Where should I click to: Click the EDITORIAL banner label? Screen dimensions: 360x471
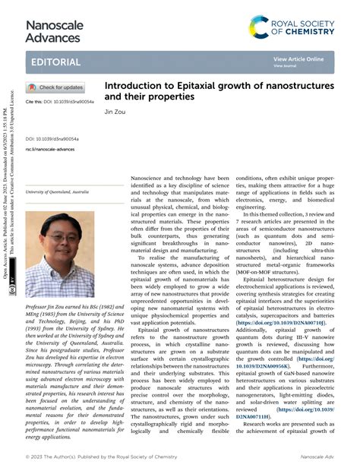[53, 61]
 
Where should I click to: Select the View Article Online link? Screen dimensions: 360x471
[298, 58]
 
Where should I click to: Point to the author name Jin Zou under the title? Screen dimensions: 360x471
[113, 111]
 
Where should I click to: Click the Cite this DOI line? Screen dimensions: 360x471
[60, 101]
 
